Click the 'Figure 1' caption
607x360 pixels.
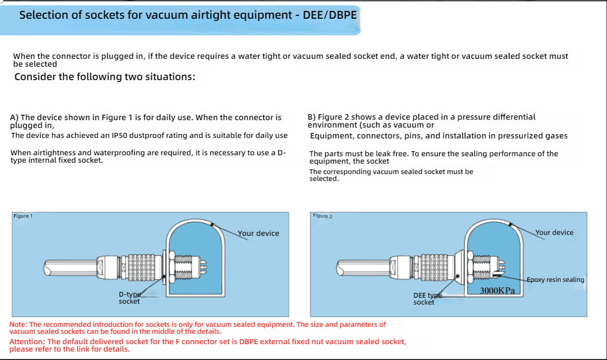pyautogui.click(x=23, y=216)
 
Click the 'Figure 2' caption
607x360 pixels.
pyautogui.click(x=323, y=216)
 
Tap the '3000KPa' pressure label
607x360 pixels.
pyautogui.click(x=497, y=291)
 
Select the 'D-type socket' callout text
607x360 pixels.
pyautogui.click(x=130, y=298)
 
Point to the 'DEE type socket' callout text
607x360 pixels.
pyautogui.click(x=427, y=299)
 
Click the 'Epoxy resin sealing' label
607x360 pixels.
pyautogui.click(x=555, y=279)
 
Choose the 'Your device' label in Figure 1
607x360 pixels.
pyautogui.click(x=258, y=233)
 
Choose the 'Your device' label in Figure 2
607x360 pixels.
pyautogui.click(x=554, y=232)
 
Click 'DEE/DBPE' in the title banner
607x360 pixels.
pyautogui.click(x=329, y=15)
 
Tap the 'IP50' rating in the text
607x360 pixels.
pyautogui.click(x=119, y=135)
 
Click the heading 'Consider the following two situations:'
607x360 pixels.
pyautogui.click(x=105, y=77)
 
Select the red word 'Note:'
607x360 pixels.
pyautogui.click(x=18, y=324)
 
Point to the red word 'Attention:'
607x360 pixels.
pyautogui.click(x=27, y=342)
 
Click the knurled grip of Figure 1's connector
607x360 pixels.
pyautogui.click(x=141, y=268)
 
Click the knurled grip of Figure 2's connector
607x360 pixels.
pyautogui.click(x=434, y=268)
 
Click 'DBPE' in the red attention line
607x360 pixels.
pyautogui.click(x=248, y=342)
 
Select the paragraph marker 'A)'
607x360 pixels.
pyautogui.click(x=14, y=118)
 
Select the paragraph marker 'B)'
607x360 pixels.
pyautogui.click(x=312, y=117)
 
